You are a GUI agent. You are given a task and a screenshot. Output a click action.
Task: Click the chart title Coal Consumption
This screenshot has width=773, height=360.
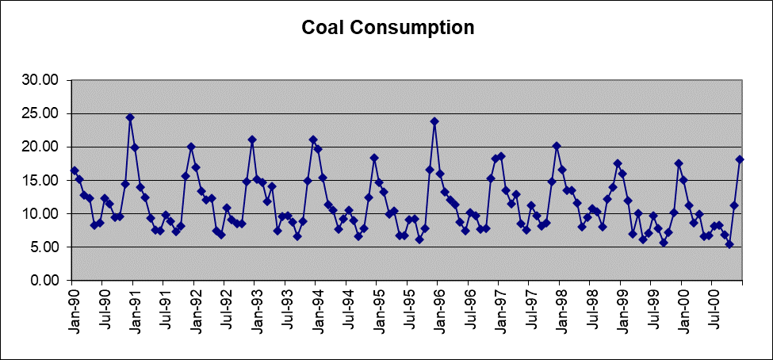pyautogui.click(x=388, y=28)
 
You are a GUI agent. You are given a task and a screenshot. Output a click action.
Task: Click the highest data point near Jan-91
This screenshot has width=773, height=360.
pyautogui.click(x=130, y=117)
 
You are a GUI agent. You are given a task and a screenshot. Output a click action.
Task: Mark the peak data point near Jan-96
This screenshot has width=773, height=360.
pyautogui.click(x=434, y=121)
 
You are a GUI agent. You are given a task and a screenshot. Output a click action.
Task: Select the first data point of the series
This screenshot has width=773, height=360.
pyautogui.click(x=75, y=170)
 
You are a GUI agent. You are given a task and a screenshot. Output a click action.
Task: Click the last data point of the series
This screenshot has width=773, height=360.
pyautogui.click(x=740, y=159)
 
